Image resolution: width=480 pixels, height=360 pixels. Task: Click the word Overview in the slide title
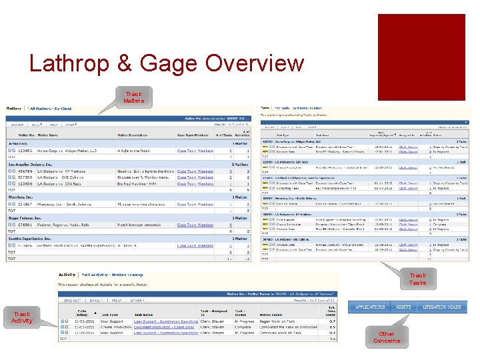point(255,64)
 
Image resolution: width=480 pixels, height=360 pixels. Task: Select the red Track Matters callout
point(133,98)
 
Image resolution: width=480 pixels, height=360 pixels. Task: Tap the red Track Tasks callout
point(417,279)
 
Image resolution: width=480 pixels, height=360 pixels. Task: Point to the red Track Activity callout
point(21,317)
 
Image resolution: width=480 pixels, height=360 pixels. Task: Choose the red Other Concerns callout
point(387,337)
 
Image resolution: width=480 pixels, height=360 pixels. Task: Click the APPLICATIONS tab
point(370,307)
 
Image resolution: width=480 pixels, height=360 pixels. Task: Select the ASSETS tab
point(403,307)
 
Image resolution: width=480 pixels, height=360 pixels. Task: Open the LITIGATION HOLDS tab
point(441,307)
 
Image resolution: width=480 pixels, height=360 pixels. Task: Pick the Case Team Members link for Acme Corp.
point(195,151)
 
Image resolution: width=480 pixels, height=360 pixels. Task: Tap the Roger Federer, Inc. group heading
point(27,218)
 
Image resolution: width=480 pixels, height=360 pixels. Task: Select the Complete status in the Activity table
point(244,327)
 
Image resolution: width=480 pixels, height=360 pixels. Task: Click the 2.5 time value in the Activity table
point(331,327)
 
